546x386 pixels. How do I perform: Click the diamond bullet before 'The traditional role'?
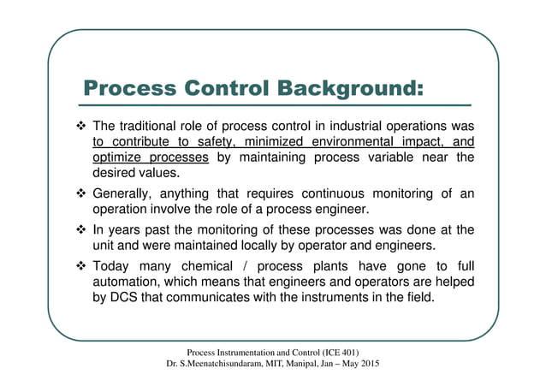71,128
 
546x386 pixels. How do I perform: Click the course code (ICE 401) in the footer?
341,353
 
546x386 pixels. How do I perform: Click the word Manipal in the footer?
308,365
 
